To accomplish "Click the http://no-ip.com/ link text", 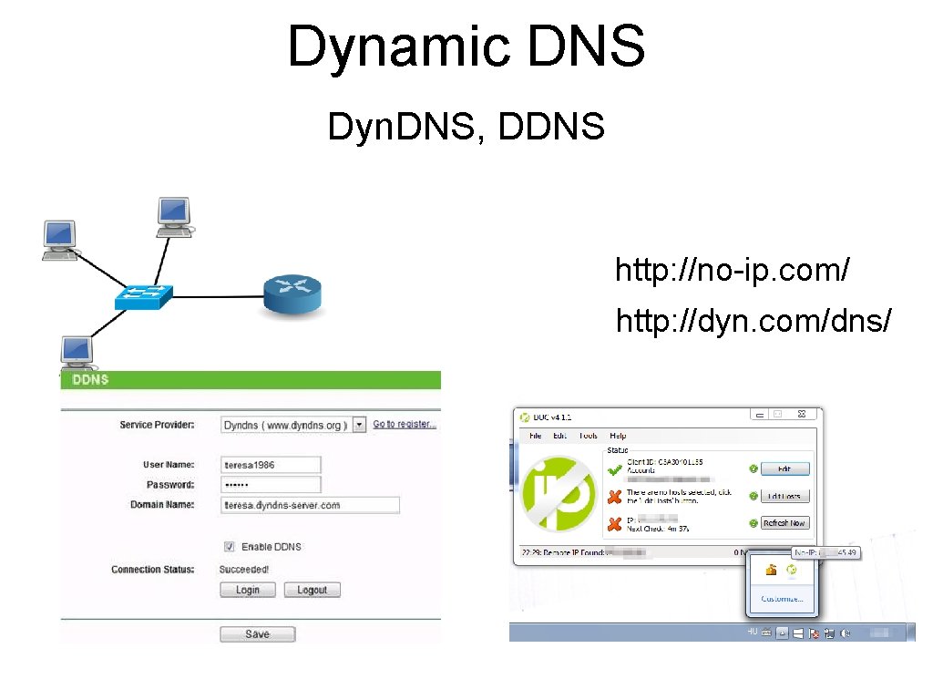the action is click(733, 271).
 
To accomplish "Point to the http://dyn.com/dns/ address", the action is click(754, 321).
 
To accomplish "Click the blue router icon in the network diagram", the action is click(292, 295).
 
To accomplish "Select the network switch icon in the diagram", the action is click(144, 296).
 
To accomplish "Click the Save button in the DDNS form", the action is click(257, 634).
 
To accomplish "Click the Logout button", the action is click(312, 590).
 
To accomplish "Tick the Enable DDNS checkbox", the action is click(229, 547).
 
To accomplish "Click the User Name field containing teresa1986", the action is click(271, 465).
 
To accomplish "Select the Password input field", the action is click(271, 485).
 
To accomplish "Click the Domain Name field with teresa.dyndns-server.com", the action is click(310, 505).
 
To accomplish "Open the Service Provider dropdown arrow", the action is click(359, 425).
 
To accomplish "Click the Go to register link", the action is click(404, 425).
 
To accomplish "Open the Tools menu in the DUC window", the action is click(588, 436).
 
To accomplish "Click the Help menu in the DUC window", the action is click(618, 436).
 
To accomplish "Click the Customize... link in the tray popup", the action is click(782, 599).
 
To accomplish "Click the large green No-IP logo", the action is click(557, 493).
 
